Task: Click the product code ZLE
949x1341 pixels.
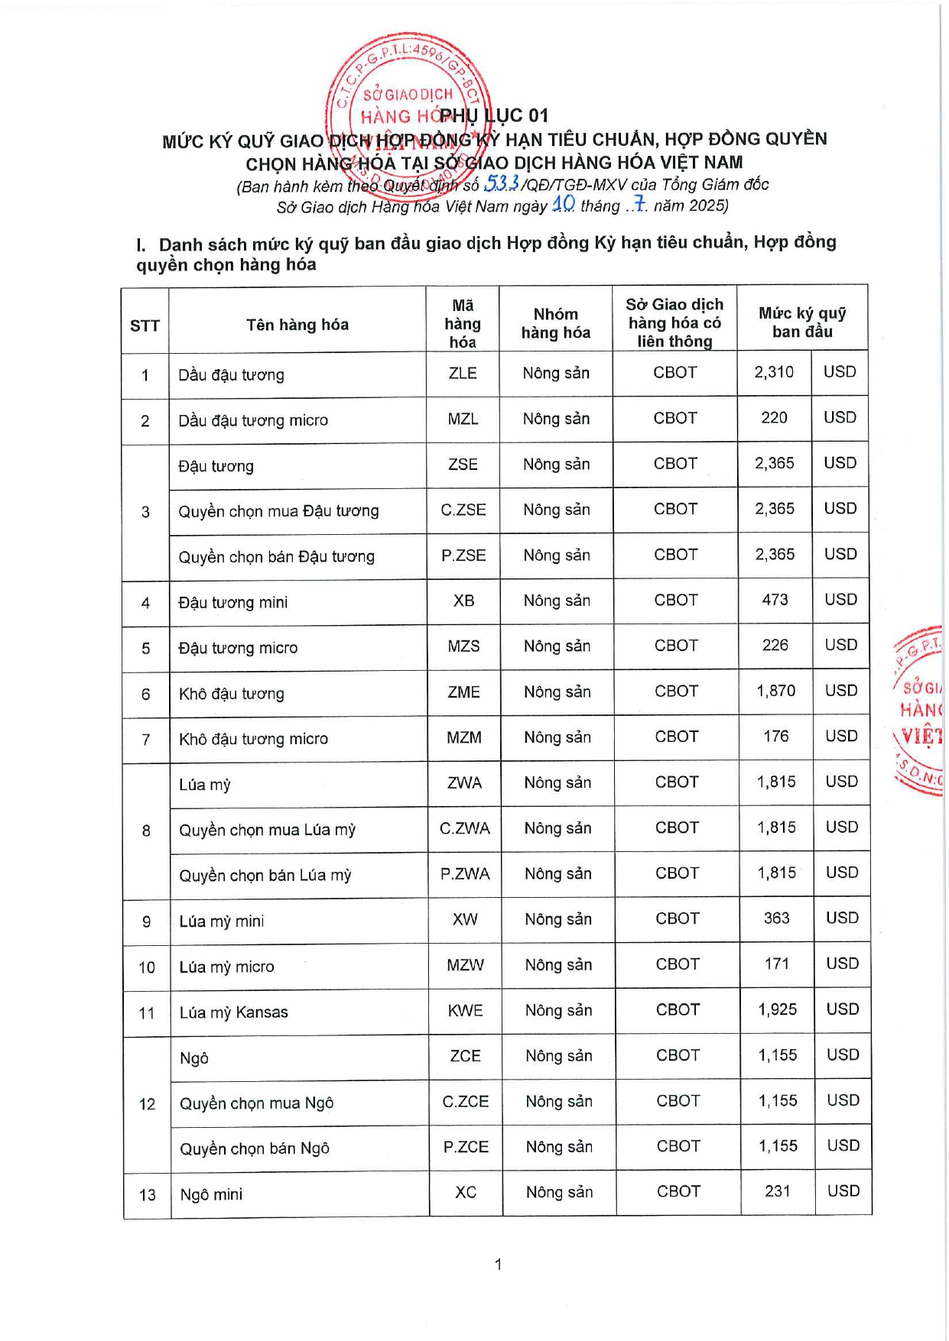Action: pos(463,373)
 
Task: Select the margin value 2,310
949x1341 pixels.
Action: pos(774,372)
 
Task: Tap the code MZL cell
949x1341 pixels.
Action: pos(463,419)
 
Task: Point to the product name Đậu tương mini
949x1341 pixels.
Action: pos(233,602)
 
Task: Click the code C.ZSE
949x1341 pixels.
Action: pos(463,510)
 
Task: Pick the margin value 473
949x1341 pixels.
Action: pos(775,600)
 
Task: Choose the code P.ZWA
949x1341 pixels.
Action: pos(465,873)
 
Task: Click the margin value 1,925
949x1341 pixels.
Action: pos(777,1009)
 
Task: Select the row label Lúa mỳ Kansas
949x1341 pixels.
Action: pos(234,1012)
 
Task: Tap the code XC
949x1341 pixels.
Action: pos(466,1192)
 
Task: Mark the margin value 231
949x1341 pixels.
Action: pos(778,1191)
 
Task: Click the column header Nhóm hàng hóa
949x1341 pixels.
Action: pos(556,323)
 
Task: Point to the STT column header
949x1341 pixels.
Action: pos(145,326)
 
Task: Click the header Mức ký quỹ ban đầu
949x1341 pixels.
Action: pos(802,322)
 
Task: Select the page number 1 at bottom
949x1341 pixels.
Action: pos(498,1265)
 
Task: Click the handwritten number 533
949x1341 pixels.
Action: pos(502,183)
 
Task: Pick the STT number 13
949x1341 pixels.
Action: pos(147,1195)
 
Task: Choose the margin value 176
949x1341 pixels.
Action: pos(775,736)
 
